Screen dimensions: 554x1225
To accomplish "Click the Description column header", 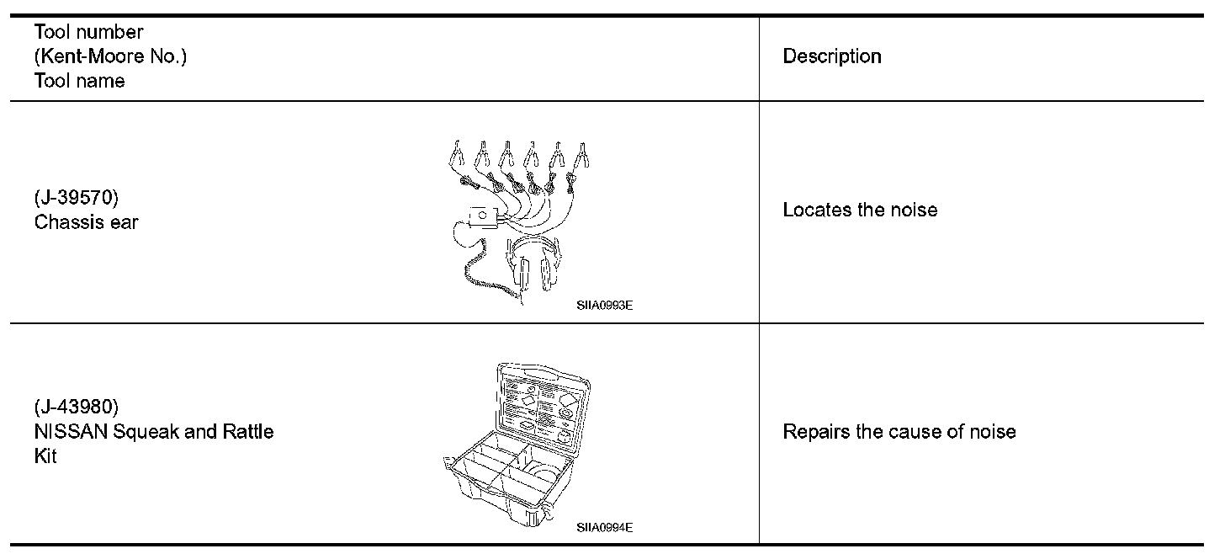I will [831, 56].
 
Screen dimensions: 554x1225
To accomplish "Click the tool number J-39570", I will [77, 199].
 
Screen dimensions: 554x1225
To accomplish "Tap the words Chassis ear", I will [87, 222].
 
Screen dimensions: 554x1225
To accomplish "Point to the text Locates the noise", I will [860, 210].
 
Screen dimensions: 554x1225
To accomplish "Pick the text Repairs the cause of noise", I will [899, 432].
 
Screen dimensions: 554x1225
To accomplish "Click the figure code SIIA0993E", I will [604, 306].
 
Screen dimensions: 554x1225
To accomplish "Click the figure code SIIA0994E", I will [604, 527].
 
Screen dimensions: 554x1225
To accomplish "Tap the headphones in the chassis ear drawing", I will [534, 265].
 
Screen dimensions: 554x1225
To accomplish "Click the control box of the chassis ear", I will [482, 217].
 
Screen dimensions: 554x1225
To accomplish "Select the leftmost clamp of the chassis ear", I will [456, 156].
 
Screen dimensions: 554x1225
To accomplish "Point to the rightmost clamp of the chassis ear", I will [581, 156].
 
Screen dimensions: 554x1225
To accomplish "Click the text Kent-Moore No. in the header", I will [109, 56].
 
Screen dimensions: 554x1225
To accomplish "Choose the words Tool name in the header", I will [79, 81].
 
